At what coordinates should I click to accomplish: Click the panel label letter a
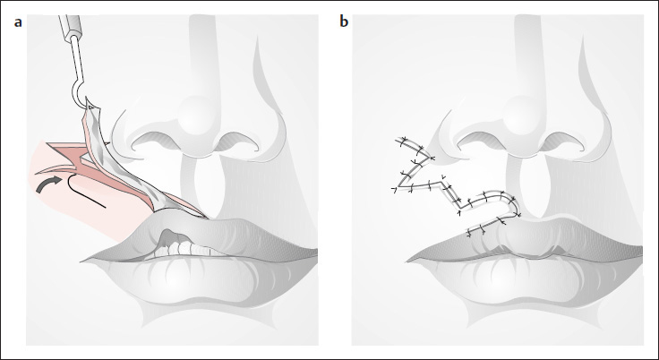pos(18,22)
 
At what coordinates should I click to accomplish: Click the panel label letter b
pos(344,21)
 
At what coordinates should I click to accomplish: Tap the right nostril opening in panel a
pos(236,141)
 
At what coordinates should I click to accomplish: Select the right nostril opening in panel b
pos(562,141)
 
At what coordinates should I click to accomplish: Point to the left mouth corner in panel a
pos(82,261)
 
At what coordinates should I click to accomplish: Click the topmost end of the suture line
pos(397,140)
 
